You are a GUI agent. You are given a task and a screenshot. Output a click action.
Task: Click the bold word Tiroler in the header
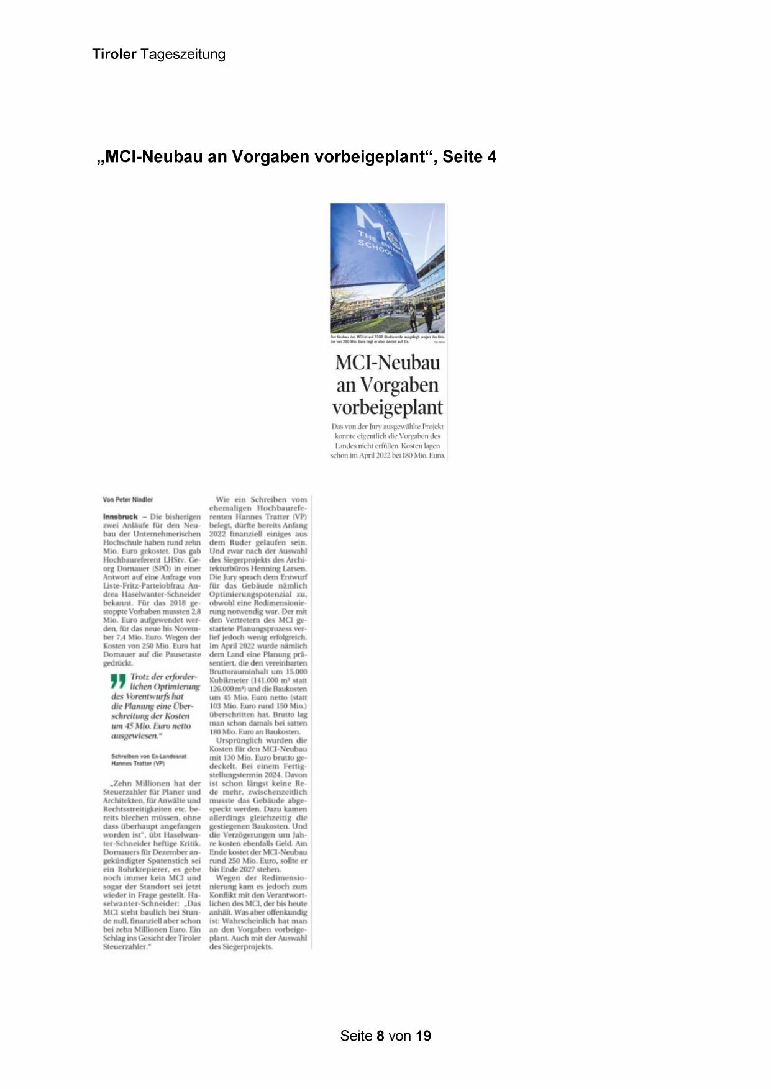tap(114, 54)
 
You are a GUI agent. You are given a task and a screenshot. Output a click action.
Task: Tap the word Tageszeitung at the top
tap(183, 54)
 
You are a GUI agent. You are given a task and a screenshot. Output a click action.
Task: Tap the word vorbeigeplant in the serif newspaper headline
tap(387, 408)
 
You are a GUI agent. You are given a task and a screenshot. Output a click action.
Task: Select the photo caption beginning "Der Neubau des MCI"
tap(387, 339)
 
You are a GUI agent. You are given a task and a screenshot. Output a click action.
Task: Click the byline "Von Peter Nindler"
tap(128, 499)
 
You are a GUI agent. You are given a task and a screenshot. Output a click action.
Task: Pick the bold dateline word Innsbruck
tap(120, 517)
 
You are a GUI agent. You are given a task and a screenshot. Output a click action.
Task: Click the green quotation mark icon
tap(117, 681)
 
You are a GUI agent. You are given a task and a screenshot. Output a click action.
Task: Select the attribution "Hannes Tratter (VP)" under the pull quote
tap(138, 763)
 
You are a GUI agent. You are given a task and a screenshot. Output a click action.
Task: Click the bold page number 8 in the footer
tap(380, 1036)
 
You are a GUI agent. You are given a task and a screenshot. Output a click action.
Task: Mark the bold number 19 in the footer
tap(424, 1036)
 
